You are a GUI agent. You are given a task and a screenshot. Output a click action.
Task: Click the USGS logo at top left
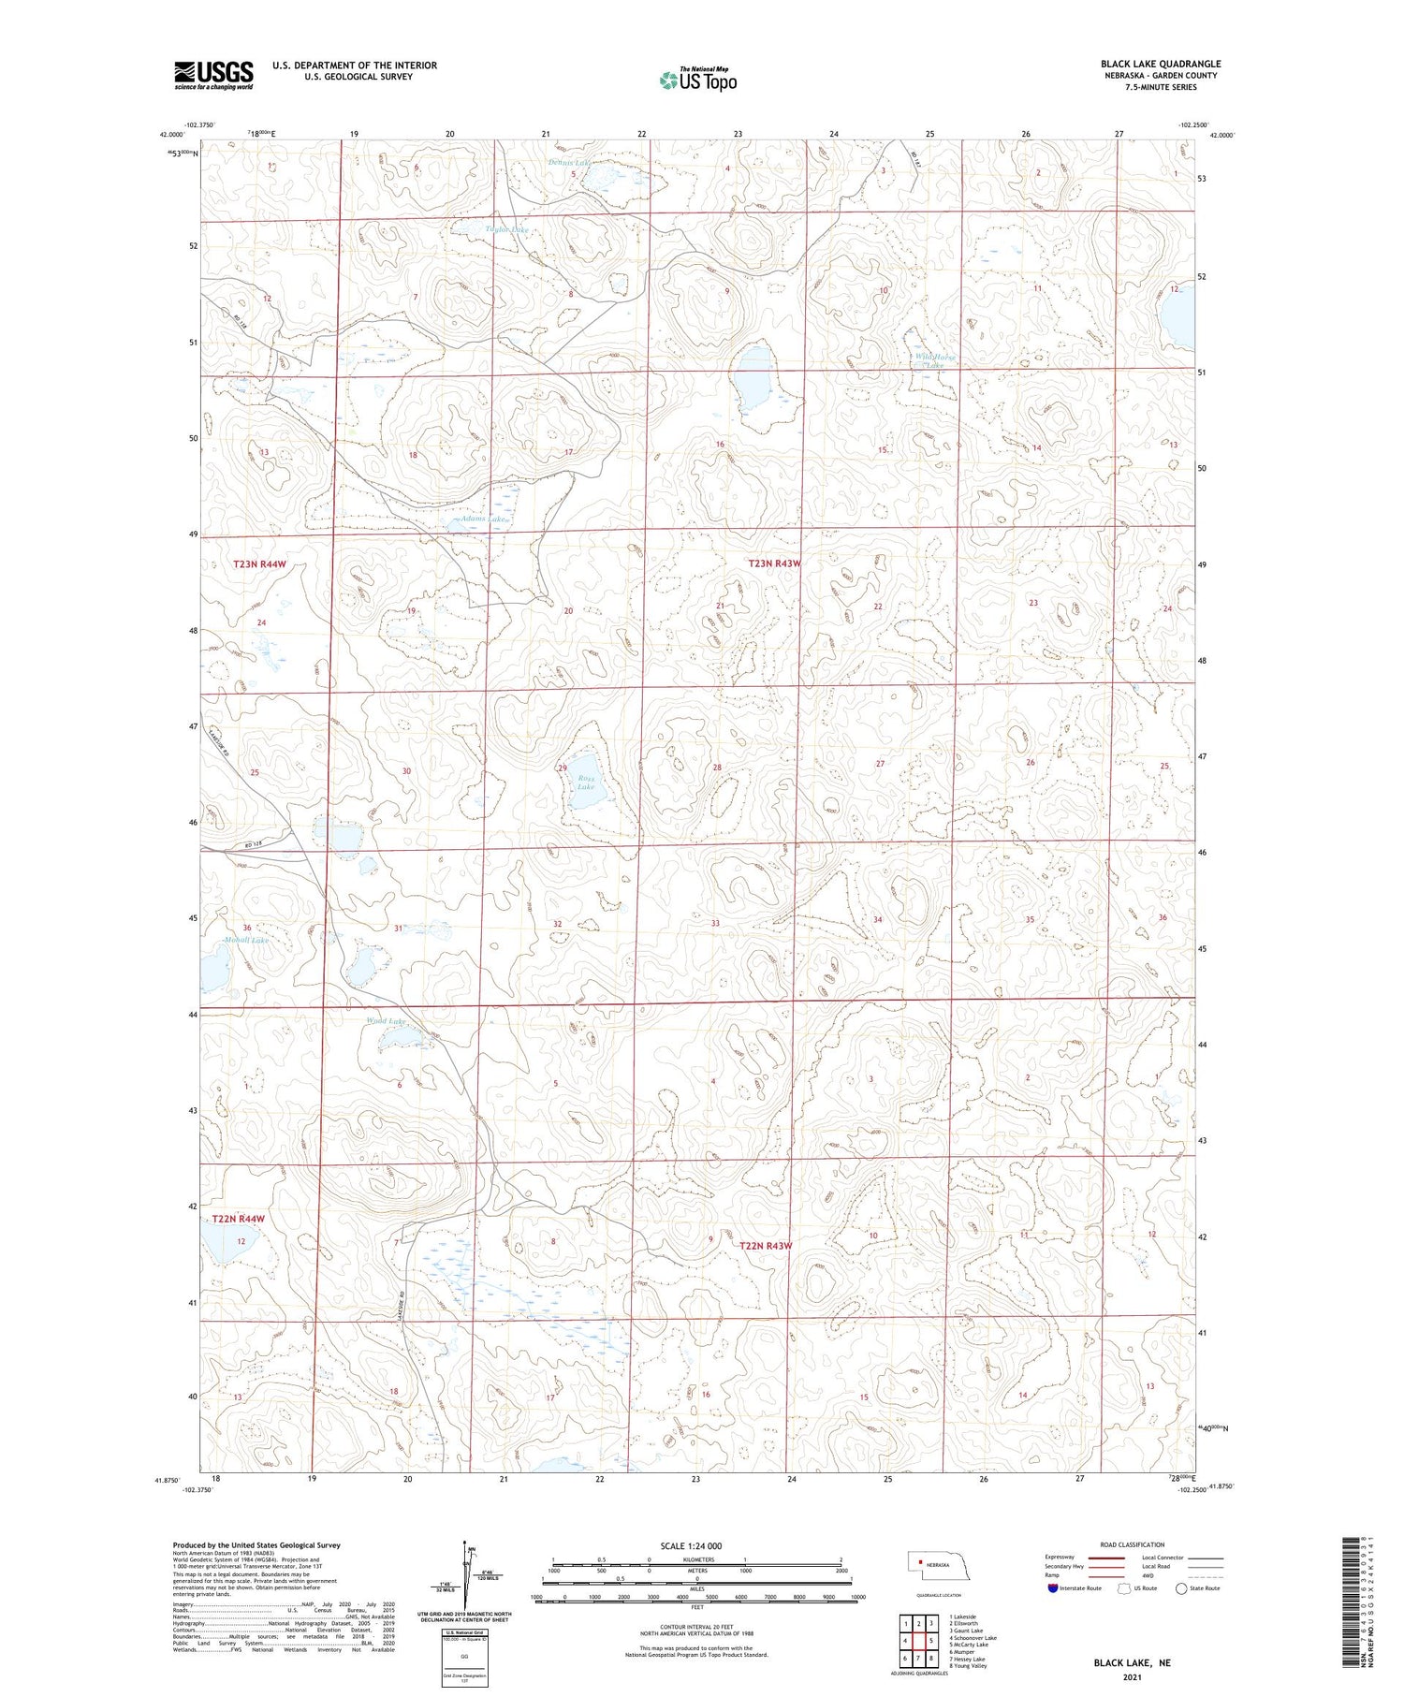pyautogui.click(x=213, y=75)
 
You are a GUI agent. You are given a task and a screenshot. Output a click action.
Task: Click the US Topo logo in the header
pyautogui.click(x=697, y=80)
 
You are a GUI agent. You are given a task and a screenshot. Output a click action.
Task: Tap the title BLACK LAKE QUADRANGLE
pyautogui.click(x=1160, y=64)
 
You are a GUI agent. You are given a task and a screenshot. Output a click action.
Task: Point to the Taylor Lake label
pyautogui.click(x=507, y=229)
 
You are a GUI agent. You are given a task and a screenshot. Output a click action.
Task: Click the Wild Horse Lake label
pyautogui.click(x=936, y=360)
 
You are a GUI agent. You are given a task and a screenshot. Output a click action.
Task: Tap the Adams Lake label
pyautogui.click(x=482, y=519)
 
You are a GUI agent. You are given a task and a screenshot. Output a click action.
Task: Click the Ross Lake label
pyautogui.click(x=586, y=782)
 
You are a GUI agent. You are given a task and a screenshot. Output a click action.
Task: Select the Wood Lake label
pyautogui.click(x=385, y=1020)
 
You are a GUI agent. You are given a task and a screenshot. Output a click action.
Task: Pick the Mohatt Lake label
pyautogui.click(x=246, y=940)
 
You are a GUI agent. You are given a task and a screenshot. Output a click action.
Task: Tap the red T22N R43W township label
pyautogui.click(x=766, y=1246)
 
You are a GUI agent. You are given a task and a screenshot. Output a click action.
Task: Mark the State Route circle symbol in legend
pyautogui.click(x=1181, y=1588)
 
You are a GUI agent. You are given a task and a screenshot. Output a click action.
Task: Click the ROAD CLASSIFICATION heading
pyautogui.click(x=1132, y=1544)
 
